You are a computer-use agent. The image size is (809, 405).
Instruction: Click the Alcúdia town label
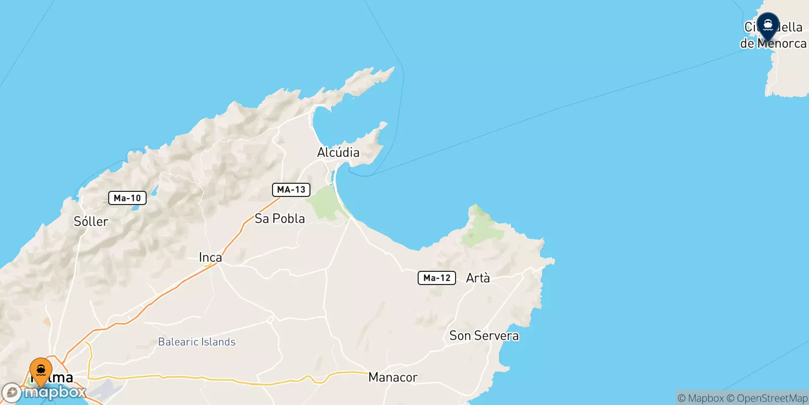[x=338, y=152]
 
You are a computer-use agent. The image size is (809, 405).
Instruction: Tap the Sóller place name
[x=91, y=222]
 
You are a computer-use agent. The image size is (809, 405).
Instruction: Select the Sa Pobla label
[x=280, y=219]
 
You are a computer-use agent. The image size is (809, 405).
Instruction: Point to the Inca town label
[x=210, y=258]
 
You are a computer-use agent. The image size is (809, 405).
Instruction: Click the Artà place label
[x=478, y=278]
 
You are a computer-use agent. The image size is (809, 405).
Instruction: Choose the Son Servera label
[x=484, y=336]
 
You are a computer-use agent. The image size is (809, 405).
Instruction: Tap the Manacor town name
[x=393, y=377]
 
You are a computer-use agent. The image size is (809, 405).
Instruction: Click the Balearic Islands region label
[x=197, y=342]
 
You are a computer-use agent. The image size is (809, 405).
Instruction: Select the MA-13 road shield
[x=291, y=190]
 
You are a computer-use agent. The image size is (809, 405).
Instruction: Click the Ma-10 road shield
[x=127, y=198]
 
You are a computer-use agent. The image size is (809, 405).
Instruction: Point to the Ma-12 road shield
[x=437, y=278]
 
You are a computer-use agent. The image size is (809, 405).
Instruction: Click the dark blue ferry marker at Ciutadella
[x=768, y=25]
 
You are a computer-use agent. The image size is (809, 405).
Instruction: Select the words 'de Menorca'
[x=773, y=44]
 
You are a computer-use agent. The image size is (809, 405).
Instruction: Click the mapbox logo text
[x=55, y=392]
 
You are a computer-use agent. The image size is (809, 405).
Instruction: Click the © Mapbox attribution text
[x=701, y=398]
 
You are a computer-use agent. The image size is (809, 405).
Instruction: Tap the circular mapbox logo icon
[x=12, y=393]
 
